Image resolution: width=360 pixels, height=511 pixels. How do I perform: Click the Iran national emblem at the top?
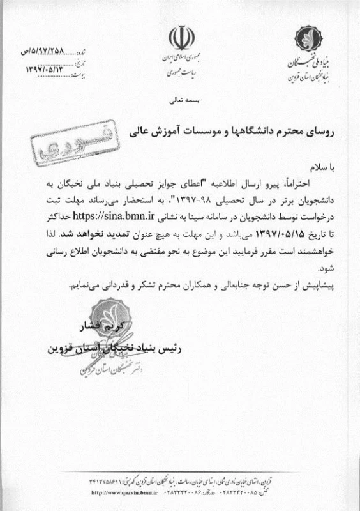click(179, 39)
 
